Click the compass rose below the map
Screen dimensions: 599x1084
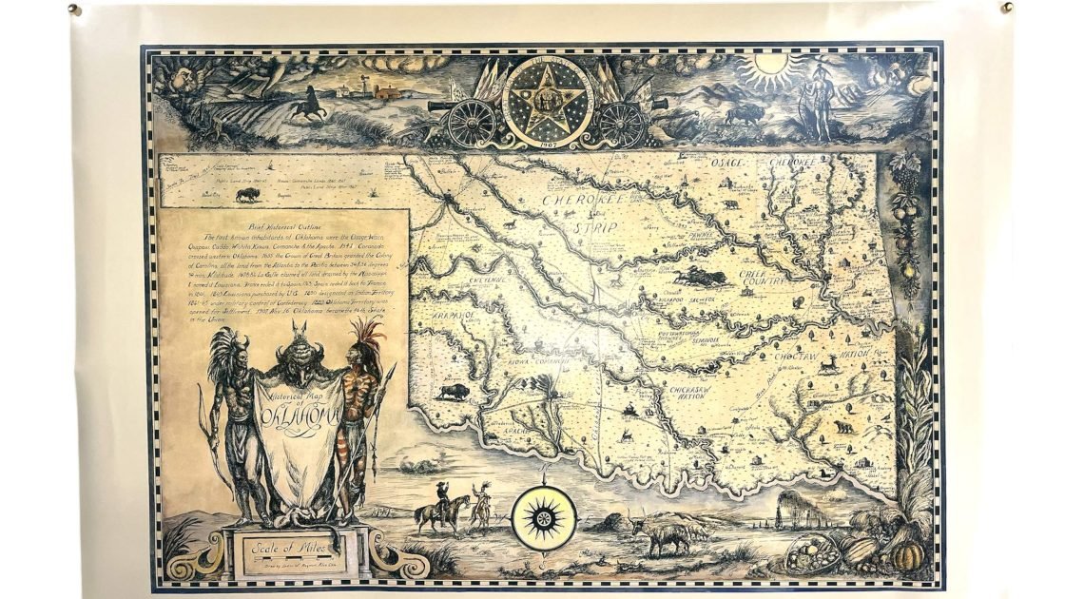[544, 518]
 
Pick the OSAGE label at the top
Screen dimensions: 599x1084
[728, 164]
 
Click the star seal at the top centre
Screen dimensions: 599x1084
[547, 103]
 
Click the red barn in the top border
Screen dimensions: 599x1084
[388, 92]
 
